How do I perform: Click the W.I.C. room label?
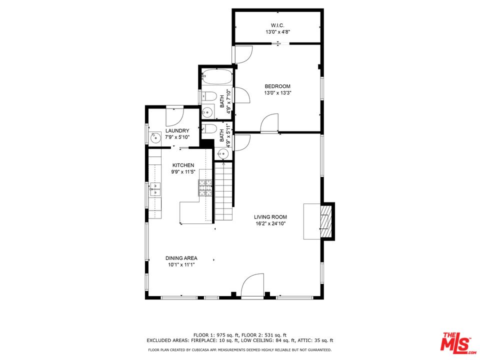[x=277, y=25]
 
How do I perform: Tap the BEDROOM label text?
[x=277, y=86]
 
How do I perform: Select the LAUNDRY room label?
[x=177, y=130]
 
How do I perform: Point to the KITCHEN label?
[x=183, y=165]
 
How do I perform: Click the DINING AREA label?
[x=181, y=258]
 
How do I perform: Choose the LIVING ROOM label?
[x=270, y=217]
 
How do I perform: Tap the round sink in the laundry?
[x=155, y=138]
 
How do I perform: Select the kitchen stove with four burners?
[x=205, y=187]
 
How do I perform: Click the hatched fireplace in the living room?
[x=325, y=221]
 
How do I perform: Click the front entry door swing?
[x=252, y=285]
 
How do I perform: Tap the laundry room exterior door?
[x=174, y=115]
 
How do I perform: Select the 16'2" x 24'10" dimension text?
[x=270, y=224]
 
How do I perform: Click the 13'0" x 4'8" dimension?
[x=277, y=32]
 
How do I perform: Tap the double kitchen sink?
[x=155, y=189]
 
